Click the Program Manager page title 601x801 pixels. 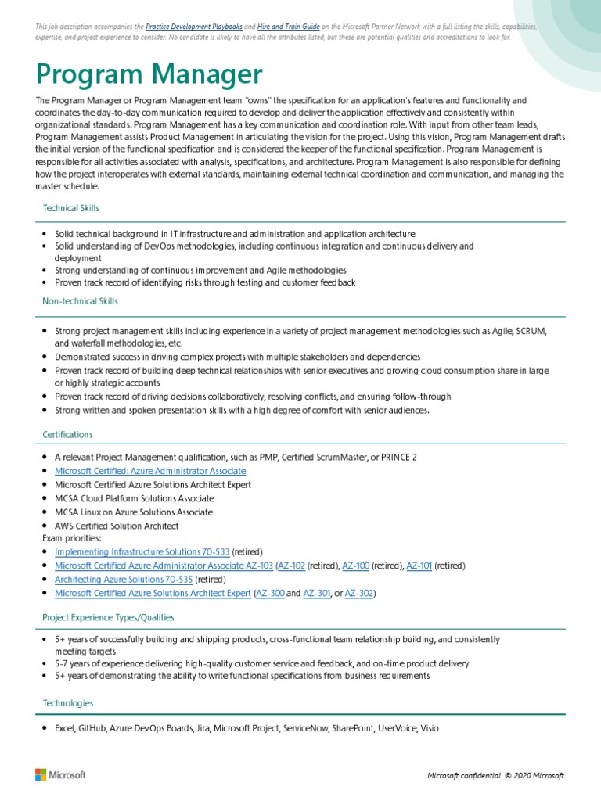point(149,75)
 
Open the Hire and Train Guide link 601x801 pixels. point(289,27)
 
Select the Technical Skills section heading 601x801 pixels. point(70,208)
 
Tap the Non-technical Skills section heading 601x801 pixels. point(81,301)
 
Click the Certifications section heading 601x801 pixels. point(67,434)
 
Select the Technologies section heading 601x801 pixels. point(68,703)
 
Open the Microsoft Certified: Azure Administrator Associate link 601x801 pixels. point(150,471)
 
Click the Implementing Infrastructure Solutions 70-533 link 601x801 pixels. point(142,551)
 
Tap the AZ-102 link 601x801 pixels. point(292,566)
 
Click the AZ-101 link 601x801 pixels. point(419,566)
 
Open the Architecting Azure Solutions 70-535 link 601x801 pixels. point(124,580)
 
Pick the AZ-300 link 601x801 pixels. point(270,594)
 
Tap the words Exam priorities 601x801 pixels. point(71,538)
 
